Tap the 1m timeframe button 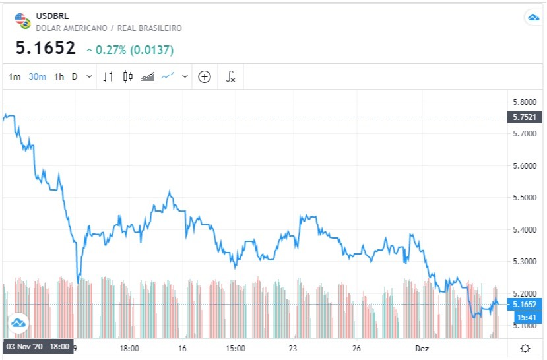[x=15, y=76]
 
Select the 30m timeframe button [x=38, y=76]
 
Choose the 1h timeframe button [x=59, y=76]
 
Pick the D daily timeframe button [x=75, y=76]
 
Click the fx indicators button [x=230, y=76]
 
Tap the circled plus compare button [x=205, y=76]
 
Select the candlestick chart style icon [x=128, y=76]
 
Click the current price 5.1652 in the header [x=46, y=49]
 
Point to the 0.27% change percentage [x=110, y=49]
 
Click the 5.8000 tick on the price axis [x=524, y=102]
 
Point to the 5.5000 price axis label [x=524, y=198]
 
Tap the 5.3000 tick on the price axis [x=524, y=262]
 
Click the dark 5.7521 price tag [x=525, y=117]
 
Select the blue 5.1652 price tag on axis [x=525, y=304]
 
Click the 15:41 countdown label [x=525, y=317]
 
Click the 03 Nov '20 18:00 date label [x=37, y=347]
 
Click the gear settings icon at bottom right [x=525, y=348]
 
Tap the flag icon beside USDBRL [x=23, y=21]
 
